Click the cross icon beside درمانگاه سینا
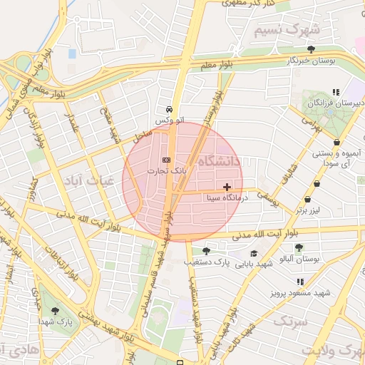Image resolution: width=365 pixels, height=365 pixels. point(227,186)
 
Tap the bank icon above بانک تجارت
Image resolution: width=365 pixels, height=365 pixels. point(166,160)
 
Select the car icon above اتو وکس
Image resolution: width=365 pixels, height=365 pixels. point(168,110)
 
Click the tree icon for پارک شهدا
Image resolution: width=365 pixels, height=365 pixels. point(56,311)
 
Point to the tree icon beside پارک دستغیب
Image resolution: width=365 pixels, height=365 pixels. point(206,250)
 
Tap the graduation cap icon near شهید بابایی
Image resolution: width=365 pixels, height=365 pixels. point(254,254)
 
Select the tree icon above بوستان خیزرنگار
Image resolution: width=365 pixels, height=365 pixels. point(311,49)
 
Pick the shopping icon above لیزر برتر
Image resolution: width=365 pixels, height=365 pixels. point(307,200)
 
